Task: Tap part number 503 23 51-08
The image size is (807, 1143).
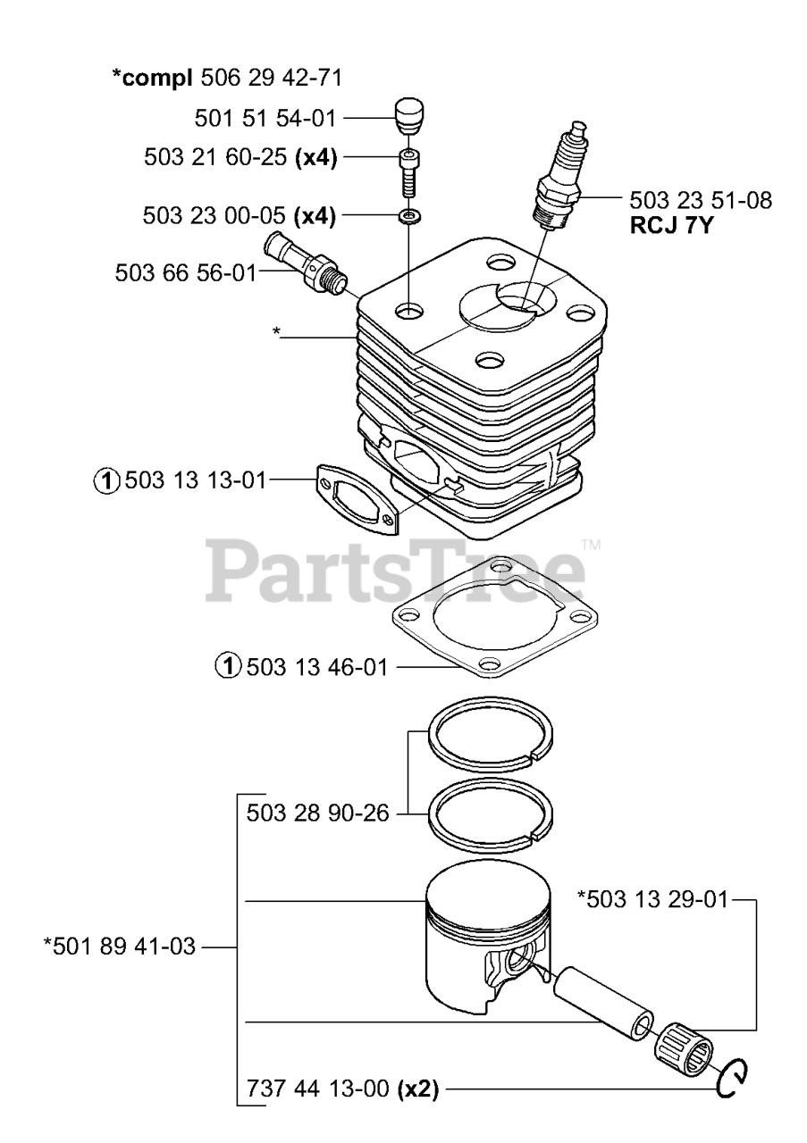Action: (x=701, y=199)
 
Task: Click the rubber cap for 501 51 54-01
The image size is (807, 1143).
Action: (x=408, y=116)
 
